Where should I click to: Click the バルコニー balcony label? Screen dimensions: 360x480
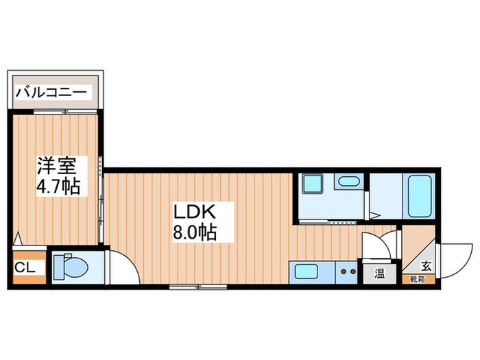pos(51,92)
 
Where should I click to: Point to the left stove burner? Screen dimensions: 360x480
pos(344,272)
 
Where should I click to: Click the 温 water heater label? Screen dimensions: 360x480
pos(380,274)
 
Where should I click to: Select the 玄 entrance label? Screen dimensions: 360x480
pos(427,266)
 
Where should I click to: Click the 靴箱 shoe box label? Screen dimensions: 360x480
pos(418,279)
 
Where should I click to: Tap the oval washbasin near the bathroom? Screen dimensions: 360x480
pos(348,182)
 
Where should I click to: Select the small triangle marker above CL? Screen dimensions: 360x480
pos(18,240)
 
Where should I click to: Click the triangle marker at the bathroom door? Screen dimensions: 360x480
pos(376,215)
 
